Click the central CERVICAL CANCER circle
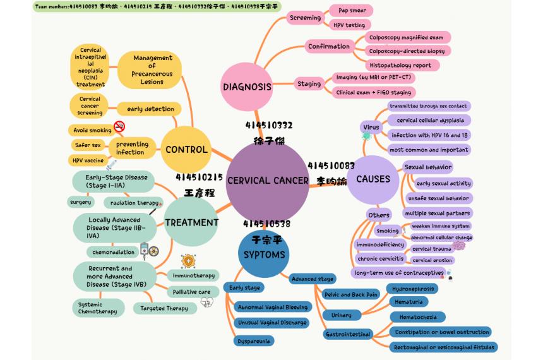point(268,181)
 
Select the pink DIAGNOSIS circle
point(247,87)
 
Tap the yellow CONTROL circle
point(186,150)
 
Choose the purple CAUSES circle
point(373,179)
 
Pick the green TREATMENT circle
point(191,222)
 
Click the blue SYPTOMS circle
point(265,255)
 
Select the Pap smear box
point(352,11)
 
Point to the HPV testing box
point(349,25)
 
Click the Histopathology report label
point(400,65)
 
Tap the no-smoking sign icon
point(119,126)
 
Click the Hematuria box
point(409,303)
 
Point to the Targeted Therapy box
point(164,308)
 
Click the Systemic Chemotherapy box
point(98,308)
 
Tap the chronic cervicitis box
point(380,259)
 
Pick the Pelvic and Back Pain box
point(350,294)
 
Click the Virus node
point(371,128)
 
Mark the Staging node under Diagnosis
point(309,83)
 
